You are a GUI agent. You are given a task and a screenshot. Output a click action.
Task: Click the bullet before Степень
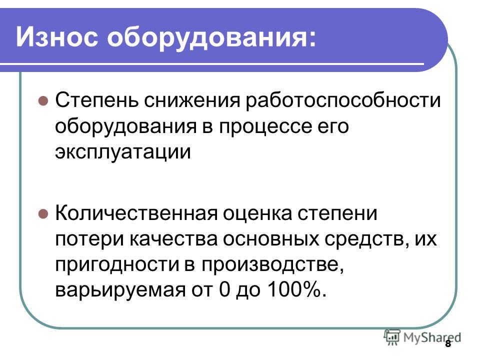[43, 100]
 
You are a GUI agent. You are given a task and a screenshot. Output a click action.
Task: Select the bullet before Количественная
[43, 213]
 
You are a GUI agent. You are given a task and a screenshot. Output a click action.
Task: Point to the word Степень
[96, 100]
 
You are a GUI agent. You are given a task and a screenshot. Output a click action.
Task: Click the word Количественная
[136, 213]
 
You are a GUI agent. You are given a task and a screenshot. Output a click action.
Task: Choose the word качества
[173, 239]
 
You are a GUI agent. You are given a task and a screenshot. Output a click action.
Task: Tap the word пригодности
[117, 265]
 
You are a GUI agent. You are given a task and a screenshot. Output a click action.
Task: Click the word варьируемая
[120, 290]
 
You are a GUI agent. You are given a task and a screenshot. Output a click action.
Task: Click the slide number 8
[448, 343]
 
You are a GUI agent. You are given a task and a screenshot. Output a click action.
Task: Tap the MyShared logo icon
[392, 337]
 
